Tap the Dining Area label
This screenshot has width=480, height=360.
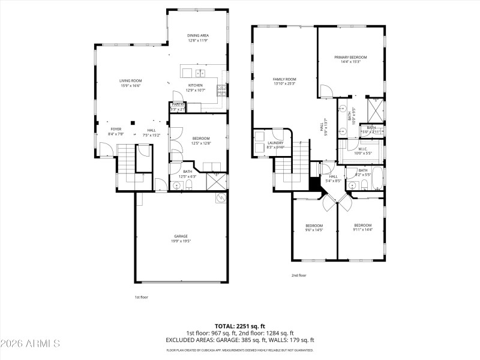pos(197,36)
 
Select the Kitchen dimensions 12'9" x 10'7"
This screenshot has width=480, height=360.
pos(196,91)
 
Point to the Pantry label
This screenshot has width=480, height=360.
pos(178,104)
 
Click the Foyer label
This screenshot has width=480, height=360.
pos(116,129)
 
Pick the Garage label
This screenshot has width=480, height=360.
pos(181,236)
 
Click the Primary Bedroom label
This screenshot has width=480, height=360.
pos(350,57)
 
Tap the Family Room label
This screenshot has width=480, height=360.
pos(284,79)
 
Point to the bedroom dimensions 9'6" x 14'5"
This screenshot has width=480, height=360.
pos(314,230)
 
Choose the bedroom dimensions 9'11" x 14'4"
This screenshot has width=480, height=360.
pos(363,230)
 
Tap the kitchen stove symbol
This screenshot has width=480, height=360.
pos(221,90)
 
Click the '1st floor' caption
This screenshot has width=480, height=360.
pos(141,296)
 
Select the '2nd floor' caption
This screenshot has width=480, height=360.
pos(299,275)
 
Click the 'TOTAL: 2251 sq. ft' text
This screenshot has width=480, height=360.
pos(240,326)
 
